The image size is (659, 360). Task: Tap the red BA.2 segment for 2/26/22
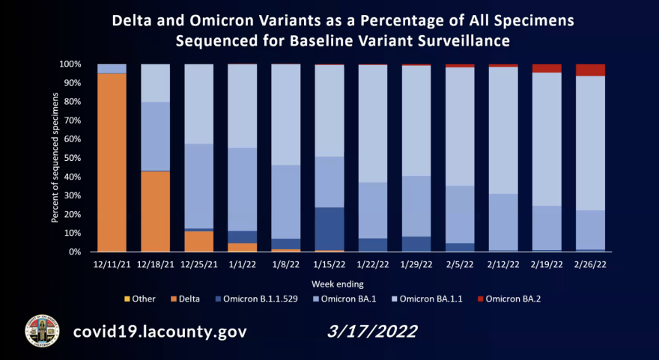590,70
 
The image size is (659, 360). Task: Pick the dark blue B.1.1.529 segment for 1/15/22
329,228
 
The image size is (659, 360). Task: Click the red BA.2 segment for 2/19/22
547,68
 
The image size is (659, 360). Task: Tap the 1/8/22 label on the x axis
285,263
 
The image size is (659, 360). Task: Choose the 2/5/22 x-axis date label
460,263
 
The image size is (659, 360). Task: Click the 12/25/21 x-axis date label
198,263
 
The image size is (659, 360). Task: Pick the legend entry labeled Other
139,299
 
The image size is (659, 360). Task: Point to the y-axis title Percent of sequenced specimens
55,158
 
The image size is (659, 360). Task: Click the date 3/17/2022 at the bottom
372,330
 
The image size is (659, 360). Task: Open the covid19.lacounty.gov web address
159,331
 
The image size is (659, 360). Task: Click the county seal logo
42,329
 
